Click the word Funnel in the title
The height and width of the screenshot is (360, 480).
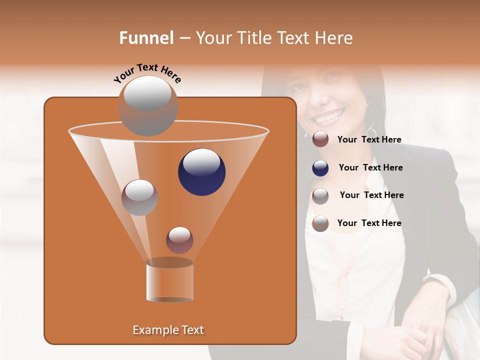[146, 38]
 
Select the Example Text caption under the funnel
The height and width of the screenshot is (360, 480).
[168, 330]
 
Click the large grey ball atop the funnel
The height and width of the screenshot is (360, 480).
[147, 105]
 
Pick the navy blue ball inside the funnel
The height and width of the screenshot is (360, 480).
[201, 171]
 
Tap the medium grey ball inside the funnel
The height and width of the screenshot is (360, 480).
[139, 197]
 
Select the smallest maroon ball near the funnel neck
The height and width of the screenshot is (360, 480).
[179, 239]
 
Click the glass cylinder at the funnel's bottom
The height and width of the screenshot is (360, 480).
[169, 281]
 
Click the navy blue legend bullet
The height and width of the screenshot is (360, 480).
[320, 168]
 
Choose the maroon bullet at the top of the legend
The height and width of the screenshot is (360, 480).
[320, 139]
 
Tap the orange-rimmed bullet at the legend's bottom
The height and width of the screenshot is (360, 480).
[320, 223]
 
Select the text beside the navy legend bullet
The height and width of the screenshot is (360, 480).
[370, 167]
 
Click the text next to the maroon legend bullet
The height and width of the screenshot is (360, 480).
[369, 139]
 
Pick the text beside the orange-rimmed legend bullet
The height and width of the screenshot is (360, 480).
[369, 223]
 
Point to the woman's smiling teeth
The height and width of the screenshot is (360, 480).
[328, 118]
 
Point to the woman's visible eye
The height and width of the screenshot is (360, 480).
[300, 86]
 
